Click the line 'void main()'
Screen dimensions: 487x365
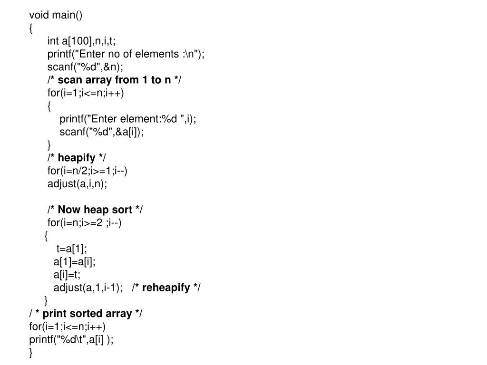(x=56, y=15)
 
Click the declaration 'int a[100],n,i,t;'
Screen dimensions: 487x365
(x=81, y=41)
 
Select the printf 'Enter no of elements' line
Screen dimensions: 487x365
(x=126, y=54)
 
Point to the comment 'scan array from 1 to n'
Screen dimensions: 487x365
(x=114, y=80)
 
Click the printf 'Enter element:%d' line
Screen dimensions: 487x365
(x=128, y=119)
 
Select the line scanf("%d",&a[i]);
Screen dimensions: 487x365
(x=102, y=132)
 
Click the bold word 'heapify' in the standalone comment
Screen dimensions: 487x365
(x=77, y=158)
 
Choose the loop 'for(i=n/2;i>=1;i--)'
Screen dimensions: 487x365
(x=88, y=171)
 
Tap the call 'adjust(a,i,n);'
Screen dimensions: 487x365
(x=78, y=183)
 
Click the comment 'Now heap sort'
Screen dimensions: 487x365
(x=95, y=210)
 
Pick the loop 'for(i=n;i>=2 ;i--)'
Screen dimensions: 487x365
(x=85, y=222)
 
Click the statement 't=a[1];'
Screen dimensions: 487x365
(x=72, y=249)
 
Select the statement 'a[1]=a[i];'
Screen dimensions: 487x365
(x=75, y=261)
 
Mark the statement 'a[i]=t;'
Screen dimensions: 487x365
(x=67, y=274)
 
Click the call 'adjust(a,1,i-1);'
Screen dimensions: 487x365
(x=88, y=288)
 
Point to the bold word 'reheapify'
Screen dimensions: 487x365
(x=166, y=288)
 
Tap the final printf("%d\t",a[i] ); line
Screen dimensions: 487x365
(x=71, y=339)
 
